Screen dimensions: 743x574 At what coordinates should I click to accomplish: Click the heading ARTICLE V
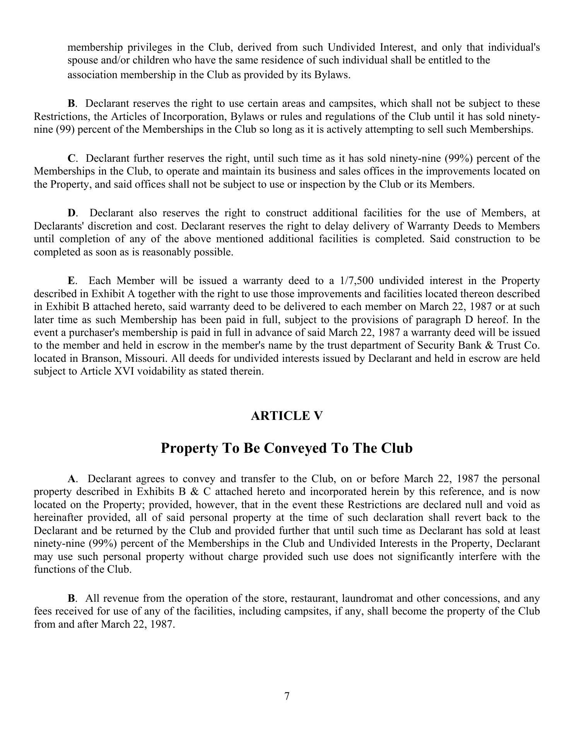pyautogui.click(x=287, y=416)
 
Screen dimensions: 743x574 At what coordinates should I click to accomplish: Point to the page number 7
pyautogui.click(x=287, y=696)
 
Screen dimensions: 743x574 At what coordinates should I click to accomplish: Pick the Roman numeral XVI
pyautogui.click(x=121, y=371)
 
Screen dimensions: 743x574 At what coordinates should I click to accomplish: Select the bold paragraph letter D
pyautogui.click(x=72, y=213)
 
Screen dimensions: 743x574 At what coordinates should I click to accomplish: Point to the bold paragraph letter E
pyautogui.click(x=72, y=281)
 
